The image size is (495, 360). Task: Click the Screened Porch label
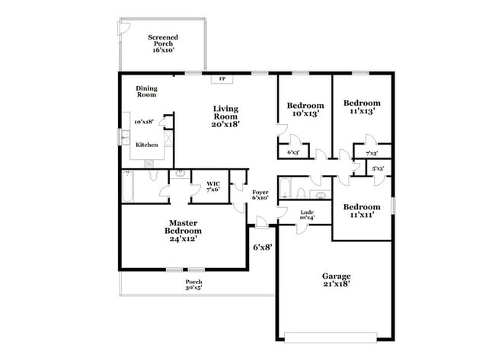[163, 43]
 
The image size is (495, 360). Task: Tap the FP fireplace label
[222, 78]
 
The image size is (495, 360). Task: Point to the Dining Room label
[146, 91]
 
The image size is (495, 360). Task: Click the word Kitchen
[147, 145]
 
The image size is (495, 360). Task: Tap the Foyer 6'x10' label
[260, 195]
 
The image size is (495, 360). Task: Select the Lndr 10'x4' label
[307, 215]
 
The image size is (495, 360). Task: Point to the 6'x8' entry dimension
[261, 247]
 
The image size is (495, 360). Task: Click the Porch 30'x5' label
[193, 285]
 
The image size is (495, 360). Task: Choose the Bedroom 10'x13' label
[305, 110]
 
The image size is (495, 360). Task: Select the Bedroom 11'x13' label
[361, 107]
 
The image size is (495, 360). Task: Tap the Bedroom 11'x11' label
[361, 211]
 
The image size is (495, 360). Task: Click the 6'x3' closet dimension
[292, 153]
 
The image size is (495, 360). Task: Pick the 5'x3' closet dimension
[378, 168]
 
